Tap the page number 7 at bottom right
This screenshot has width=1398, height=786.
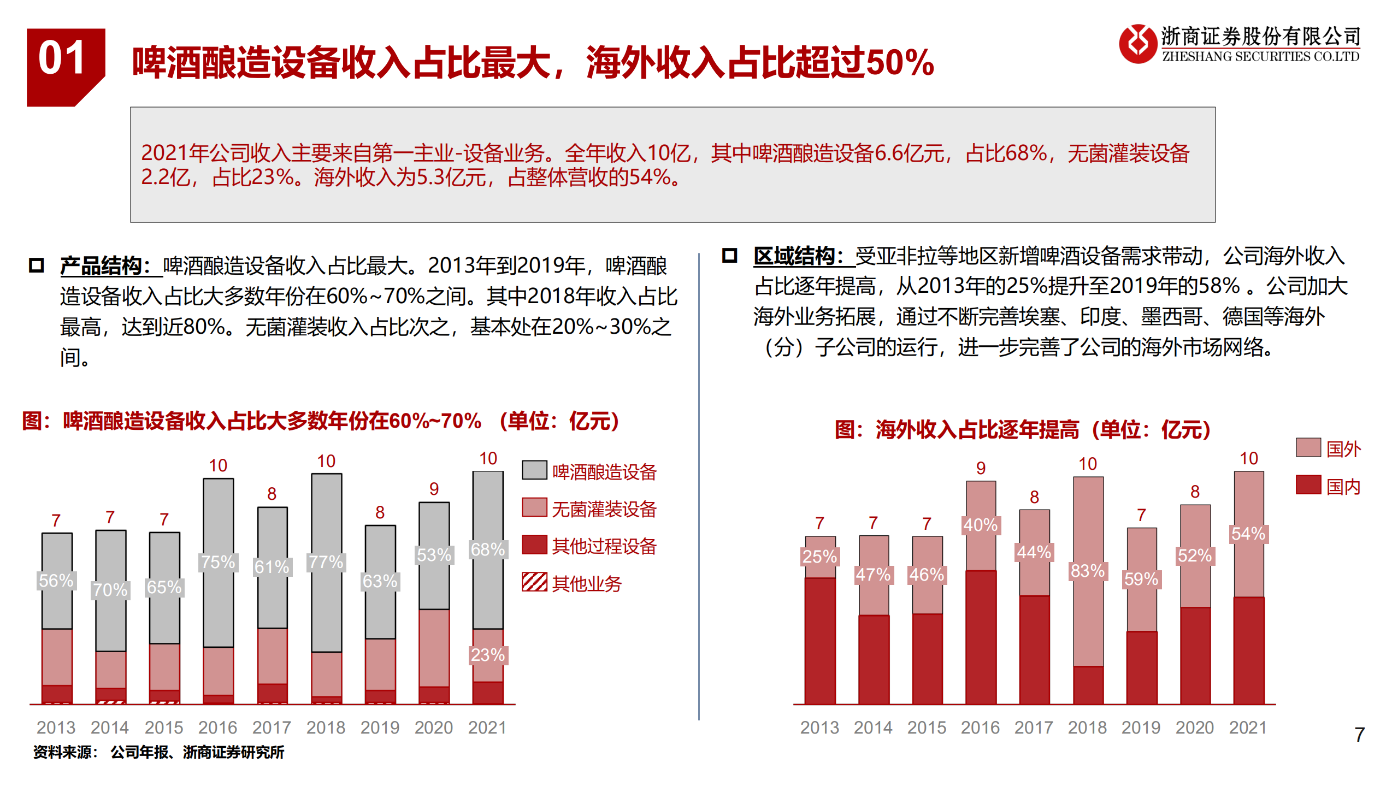pyautogui.click(x=1359, y=734)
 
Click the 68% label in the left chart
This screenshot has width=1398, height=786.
pyautogui.click(x=487, y=549)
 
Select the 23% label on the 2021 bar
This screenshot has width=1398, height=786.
pyautogui.click(x=487, y=654)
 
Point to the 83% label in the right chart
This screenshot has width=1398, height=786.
pyautogui.click(x=1087, y=571)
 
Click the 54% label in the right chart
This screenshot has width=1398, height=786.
pyautogui.click(x=1248, y=534)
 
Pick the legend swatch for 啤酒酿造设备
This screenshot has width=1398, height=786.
pyautogui.click(x=534, y=470)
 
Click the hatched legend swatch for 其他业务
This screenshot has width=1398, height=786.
pyautogui.click(x=534, y=582)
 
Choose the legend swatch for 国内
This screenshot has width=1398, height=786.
pyautogui.click(x=1308, y=484)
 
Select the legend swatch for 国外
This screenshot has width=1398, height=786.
pyautogui.click(x=1308, y=447)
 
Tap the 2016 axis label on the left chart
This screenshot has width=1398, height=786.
pyautogui.click(x=217, y=728)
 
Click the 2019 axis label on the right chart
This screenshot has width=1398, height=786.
pyautogui.click(x=1141, y=728)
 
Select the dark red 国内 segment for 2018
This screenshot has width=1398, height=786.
pyautogui.click(x=1088, y=685)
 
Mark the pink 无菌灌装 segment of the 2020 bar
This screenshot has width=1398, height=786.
pyautogui.click(x=434, y=647)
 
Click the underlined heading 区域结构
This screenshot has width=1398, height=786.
pyautogui.click(x=799, y=256)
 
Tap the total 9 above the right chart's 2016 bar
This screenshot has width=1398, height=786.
pyautogui.click(x=981, y=468)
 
